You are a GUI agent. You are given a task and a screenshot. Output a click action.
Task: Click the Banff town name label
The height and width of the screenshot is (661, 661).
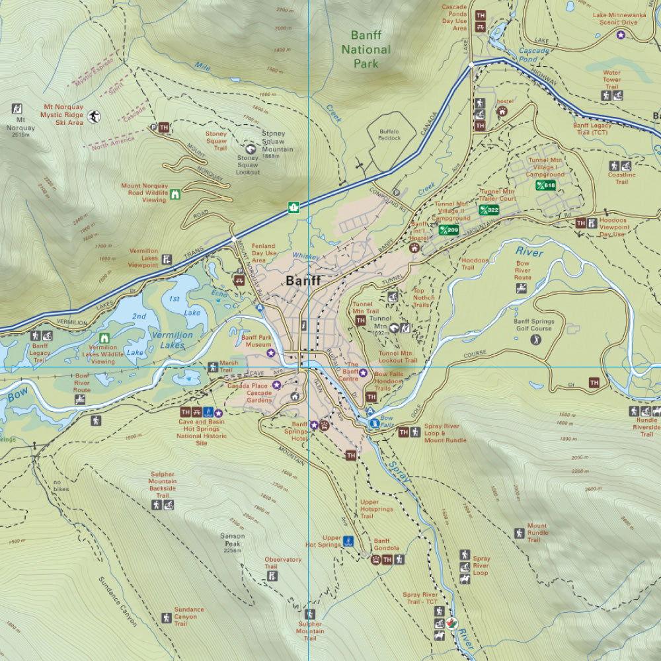(x=303, y=280)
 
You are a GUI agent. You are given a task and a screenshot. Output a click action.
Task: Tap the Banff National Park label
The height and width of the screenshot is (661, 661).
(x=370, y=50)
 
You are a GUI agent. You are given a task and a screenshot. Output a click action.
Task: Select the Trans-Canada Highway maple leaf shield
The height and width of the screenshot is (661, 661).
(x=292, y=208)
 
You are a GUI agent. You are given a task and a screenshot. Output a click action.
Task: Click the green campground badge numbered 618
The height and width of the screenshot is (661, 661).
(x=546, y=186)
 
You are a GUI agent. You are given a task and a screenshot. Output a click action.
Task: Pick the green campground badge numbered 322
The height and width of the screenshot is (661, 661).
(x=489, y=210)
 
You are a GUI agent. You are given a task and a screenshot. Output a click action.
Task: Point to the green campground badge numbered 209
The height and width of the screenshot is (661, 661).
(x=448, y=230)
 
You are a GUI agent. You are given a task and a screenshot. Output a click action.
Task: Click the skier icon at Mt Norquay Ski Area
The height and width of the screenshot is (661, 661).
(x=95, y=116)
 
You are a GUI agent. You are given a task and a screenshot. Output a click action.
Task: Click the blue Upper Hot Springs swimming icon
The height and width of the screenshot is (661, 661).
(x=348, y=541)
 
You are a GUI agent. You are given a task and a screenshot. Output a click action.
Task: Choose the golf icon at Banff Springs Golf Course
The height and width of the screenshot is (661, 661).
(x=535, y=339)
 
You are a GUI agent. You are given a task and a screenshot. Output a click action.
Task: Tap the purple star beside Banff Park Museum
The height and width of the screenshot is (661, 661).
(x=270, y=353)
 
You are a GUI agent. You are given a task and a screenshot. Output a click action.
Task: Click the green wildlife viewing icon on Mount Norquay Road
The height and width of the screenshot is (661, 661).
(x=176, y=194)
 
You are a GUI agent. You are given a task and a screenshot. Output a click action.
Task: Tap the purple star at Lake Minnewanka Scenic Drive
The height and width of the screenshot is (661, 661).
(x=620, y=34)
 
